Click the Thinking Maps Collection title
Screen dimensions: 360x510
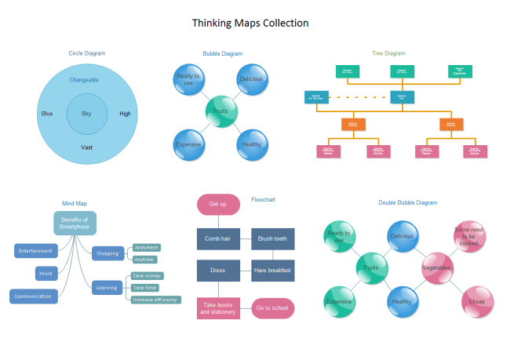[x=250, y=23]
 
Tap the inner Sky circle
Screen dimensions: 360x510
[x=86, y=114]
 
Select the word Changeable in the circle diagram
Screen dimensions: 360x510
[x=84, y=80]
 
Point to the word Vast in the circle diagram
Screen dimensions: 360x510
[x=86, y=147]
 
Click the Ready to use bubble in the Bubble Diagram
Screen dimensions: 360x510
[x=189, y=80]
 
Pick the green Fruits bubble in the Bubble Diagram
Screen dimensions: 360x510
[x=220, y=111]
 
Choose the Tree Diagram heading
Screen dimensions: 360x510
[x=388, y=53]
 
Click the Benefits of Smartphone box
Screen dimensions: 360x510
[x=75, y=224]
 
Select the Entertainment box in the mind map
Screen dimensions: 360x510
[x=36, y=251]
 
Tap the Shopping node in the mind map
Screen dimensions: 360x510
[x=107, y=253]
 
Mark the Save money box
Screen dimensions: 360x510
[x=148, y=276]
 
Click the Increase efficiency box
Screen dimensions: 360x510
[x=155, y=300]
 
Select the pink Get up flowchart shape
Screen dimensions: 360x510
[x=218, y=204]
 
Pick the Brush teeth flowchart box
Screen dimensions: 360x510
[x=272, y=238]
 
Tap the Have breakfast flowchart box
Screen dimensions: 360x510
[x=272, y=271]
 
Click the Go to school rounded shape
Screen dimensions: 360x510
[x=272, y=308]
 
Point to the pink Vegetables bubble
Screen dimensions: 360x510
[x=437, y=267]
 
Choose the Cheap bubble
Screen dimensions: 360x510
[x=476, y=301]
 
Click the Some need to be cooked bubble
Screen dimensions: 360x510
[x=469, y=236]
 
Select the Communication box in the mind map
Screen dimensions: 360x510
[x=33, y=296]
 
